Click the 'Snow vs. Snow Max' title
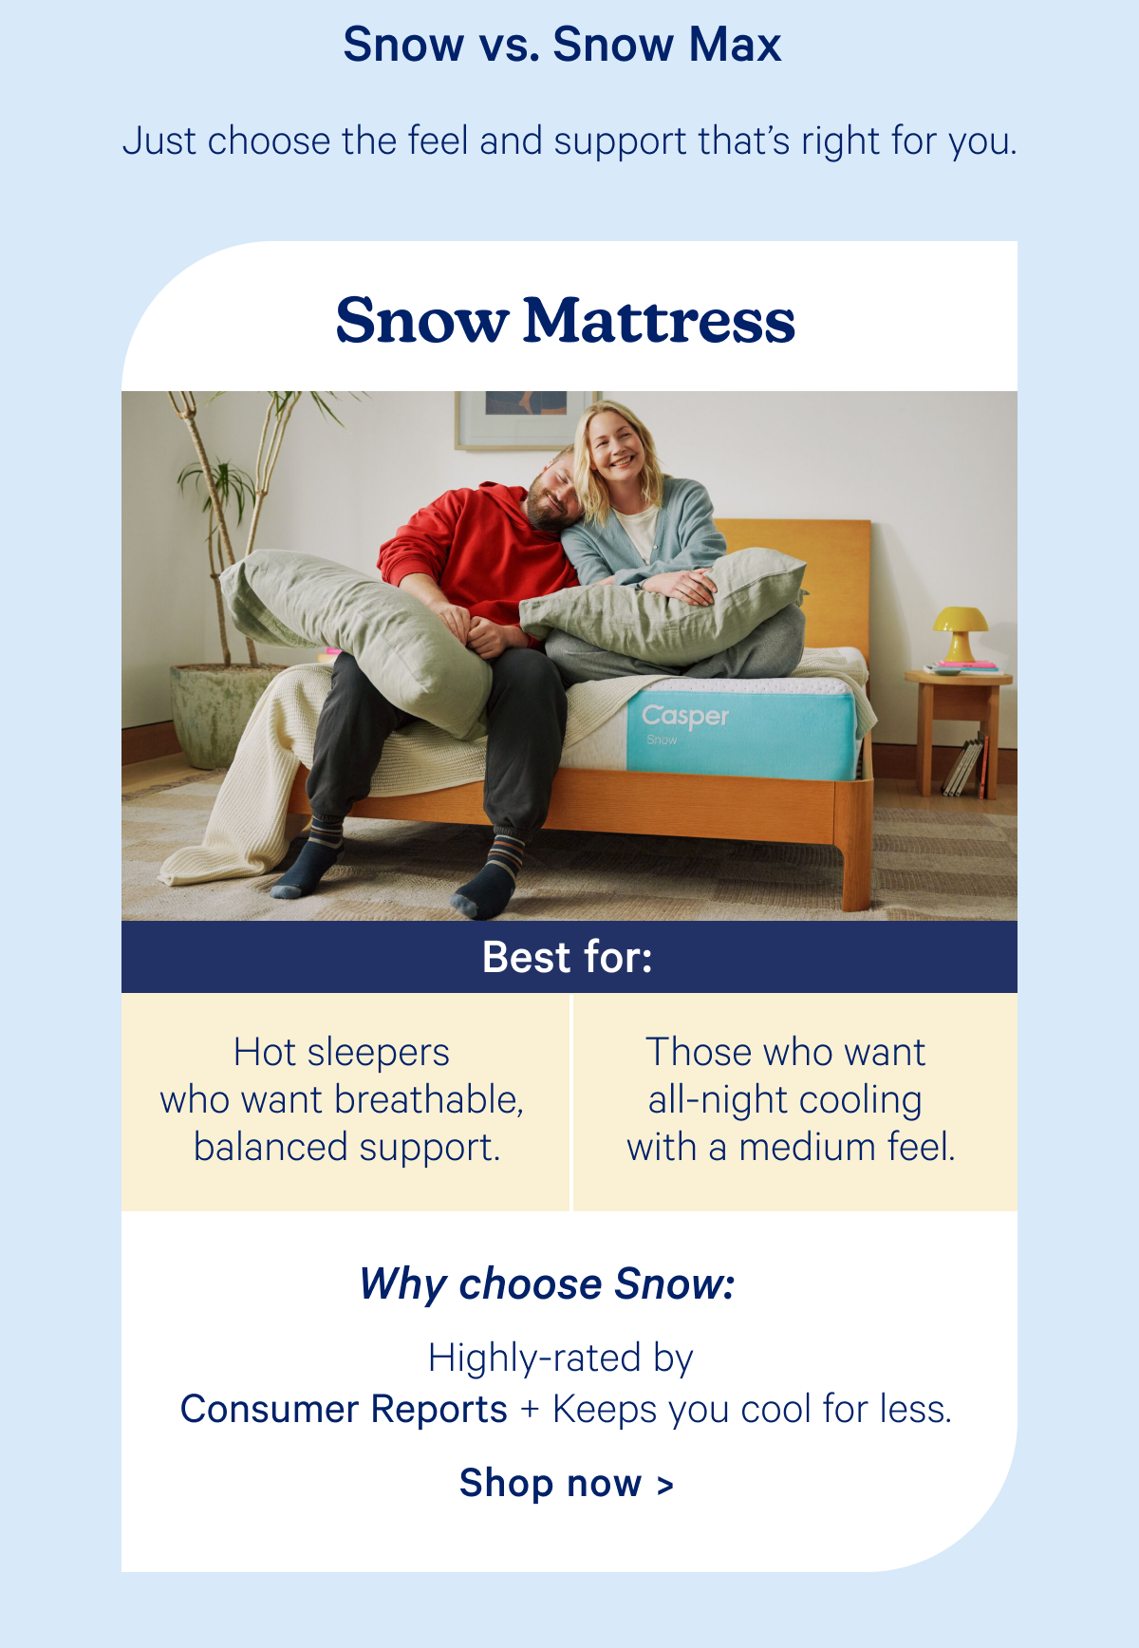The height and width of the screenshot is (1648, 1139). tap(562, 45)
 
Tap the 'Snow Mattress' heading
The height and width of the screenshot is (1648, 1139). tap(565, 320)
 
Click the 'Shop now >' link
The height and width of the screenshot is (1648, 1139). tap(566, 1483)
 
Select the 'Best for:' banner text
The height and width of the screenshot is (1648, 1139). tap(568, 957)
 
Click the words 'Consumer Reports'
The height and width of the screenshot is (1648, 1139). tap(344, 1410)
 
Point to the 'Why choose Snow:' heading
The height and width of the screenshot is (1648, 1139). tap(547, 1284)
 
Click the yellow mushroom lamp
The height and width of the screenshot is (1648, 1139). tap(960, 631)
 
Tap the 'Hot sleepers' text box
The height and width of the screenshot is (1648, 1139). tap(344, 1100)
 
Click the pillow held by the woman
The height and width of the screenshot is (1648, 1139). tap(664, 608)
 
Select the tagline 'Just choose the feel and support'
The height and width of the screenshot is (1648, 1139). tap(569, 141)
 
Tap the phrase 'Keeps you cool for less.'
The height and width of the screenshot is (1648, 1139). tap(752, 1410)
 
